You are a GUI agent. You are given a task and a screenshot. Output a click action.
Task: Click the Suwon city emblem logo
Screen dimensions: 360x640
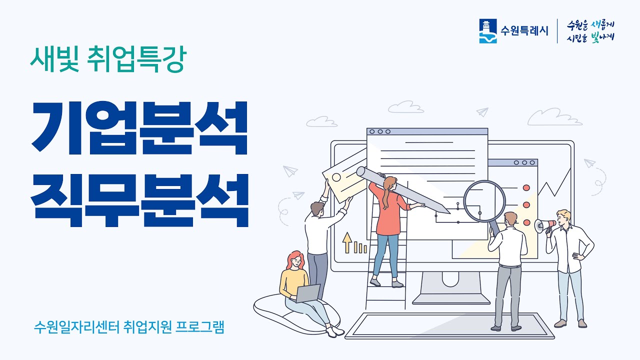tap(488, 31)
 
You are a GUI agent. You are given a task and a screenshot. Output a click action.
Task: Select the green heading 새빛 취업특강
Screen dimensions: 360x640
tap(107, 60)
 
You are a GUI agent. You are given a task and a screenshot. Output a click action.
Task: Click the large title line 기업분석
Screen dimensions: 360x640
tap(139, 127)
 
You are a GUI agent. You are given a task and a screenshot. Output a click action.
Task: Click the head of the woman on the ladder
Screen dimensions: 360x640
tap(389, 183)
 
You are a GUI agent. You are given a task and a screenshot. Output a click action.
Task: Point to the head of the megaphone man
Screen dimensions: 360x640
tap(563, 217)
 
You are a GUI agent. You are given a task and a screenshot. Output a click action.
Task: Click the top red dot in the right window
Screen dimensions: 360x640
tap(526, 187)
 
